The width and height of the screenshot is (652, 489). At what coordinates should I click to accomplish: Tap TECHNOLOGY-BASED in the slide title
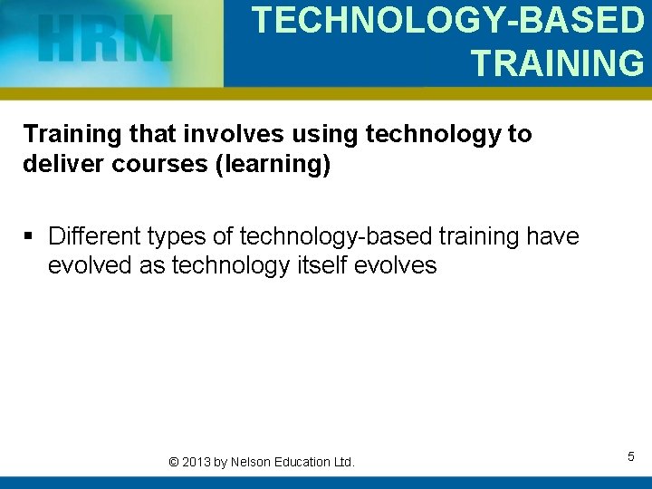point(447,20)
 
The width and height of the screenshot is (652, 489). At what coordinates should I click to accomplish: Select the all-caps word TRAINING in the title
point(557,63)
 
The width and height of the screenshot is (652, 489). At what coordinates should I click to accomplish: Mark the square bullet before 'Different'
point(30,237)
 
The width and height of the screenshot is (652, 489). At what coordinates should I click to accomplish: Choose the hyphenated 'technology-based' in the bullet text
point(337,236)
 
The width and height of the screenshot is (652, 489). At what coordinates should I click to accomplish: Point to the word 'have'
point(551,236)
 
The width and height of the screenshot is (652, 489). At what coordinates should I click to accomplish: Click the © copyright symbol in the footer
point(174,462)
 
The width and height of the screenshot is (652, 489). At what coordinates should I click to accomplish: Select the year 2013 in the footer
point(197,462)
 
